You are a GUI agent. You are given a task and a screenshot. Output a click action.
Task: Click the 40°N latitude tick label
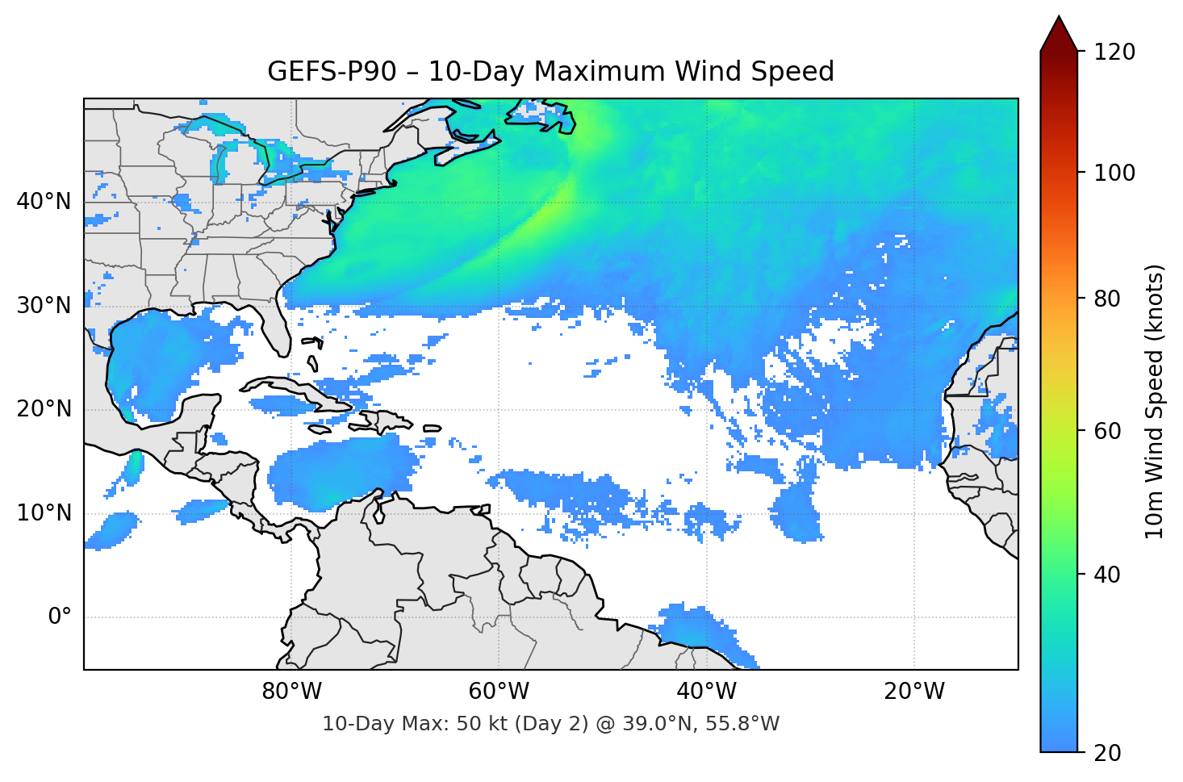44,201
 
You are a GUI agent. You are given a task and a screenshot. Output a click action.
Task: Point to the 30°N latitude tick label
44,305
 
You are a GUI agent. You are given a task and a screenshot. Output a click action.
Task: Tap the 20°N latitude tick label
44,409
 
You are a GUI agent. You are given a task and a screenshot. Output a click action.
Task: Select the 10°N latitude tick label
44,513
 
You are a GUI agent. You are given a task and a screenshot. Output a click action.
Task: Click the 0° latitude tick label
60,617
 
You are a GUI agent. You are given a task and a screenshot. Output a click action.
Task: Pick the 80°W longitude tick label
291,692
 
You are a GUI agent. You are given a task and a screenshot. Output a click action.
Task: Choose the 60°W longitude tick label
499,692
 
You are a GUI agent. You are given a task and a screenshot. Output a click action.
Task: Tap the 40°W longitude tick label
707,692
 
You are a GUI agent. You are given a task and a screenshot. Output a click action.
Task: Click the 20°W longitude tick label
914,692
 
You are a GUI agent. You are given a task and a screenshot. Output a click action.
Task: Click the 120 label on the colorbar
1114,52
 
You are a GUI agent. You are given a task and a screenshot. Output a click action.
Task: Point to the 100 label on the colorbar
1114,173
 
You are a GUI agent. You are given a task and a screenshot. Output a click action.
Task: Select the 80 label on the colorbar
1107,299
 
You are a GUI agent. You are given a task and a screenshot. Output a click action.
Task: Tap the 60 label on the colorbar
1107,431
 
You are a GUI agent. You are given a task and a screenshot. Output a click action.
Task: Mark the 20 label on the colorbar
1107,753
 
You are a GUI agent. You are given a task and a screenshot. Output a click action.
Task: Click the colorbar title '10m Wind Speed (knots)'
1155,401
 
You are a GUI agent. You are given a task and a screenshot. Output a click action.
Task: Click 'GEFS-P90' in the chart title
332,72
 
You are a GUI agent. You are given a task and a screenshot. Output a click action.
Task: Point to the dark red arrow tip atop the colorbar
1059,32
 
